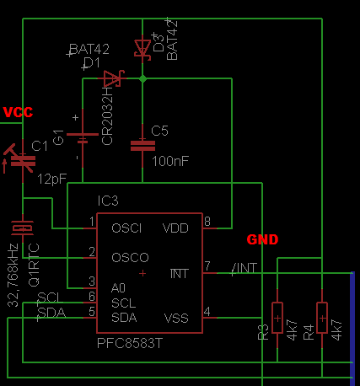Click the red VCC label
[19, 112]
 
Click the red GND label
[263, 239]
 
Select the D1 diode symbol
[113, 79]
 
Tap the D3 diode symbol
[142, 49]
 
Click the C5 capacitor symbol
[142, 145]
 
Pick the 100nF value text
[171, 159]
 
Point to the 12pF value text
[51, 179]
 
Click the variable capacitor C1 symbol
[22, 158]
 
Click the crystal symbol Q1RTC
[22, 227]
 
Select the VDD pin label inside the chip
[175, 228]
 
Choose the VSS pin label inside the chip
[175, 317]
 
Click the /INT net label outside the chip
[244, 269]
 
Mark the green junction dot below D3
[142, 78]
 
